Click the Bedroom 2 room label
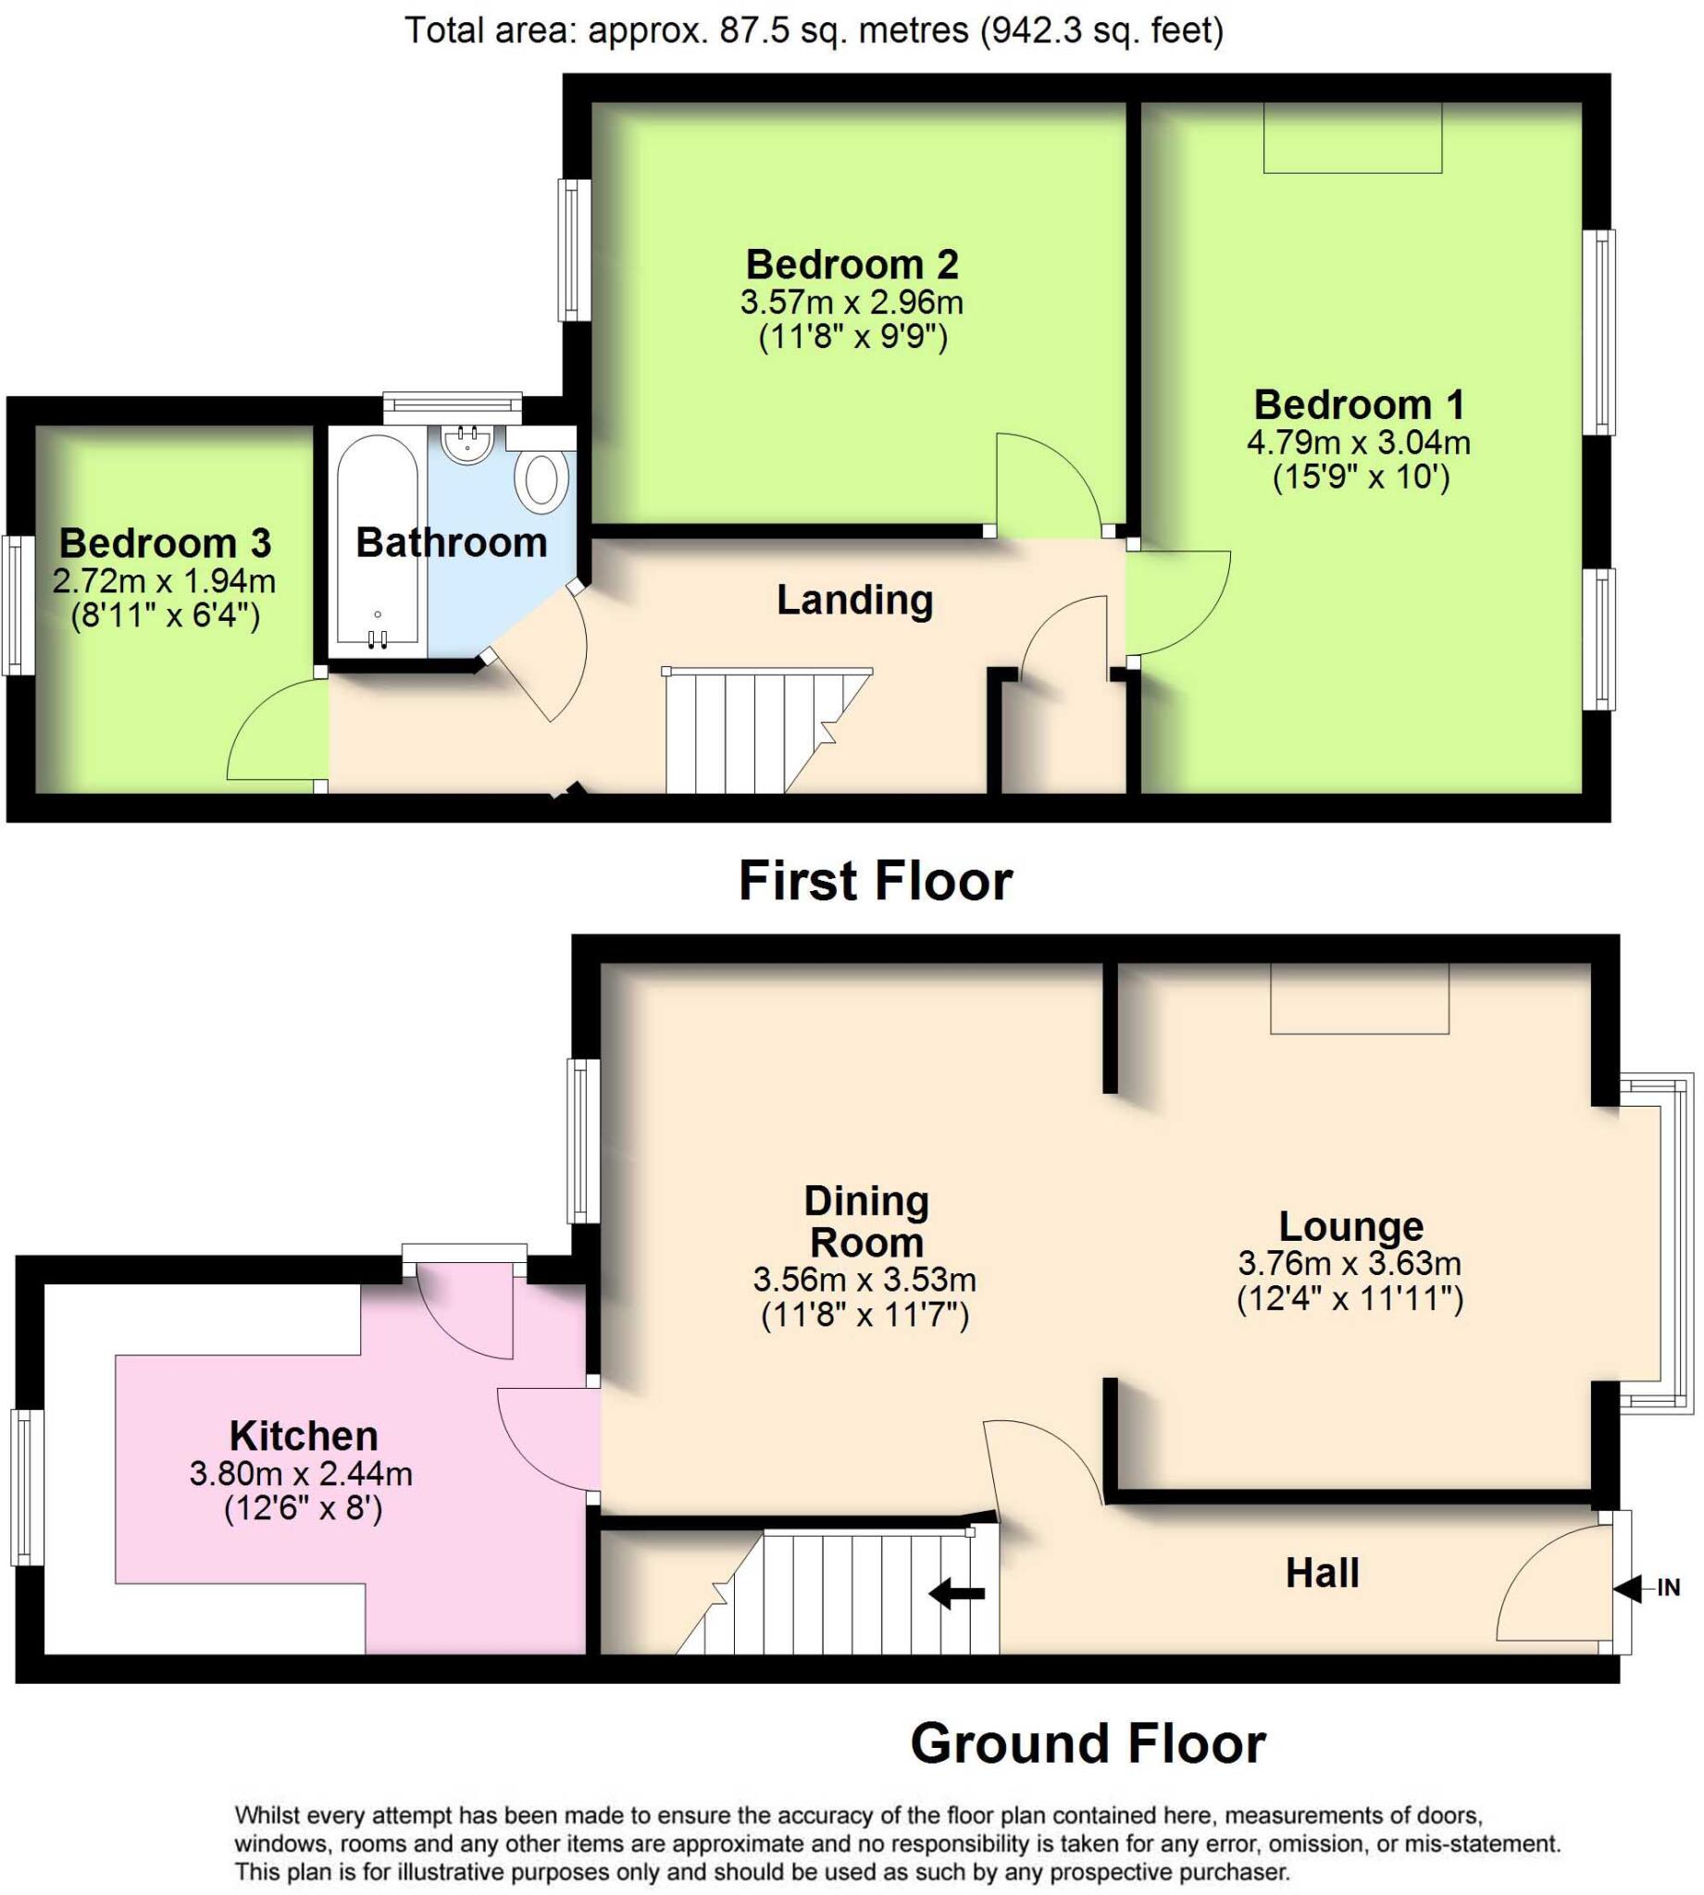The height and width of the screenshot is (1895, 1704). click(851, 265)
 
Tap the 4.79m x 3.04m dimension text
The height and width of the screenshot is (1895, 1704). click(1358, 442)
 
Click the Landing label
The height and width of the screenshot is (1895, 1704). click(855, 600)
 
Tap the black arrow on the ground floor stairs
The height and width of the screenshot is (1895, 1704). click(957, 1592)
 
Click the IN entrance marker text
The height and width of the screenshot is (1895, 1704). click(1669, 1588)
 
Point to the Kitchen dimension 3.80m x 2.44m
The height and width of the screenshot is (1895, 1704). click(301, 1474)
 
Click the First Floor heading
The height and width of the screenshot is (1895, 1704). click(876, 881)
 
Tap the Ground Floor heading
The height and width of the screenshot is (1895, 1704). click(1088, 1743)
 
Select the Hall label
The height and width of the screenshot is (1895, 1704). click(1322, 1573)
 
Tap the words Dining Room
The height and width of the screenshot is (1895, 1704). click(866, 1222)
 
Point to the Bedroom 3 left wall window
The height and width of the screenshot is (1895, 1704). click(16, 604)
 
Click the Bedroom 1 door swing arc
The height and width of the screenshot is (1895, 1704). click(1199, 617)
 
